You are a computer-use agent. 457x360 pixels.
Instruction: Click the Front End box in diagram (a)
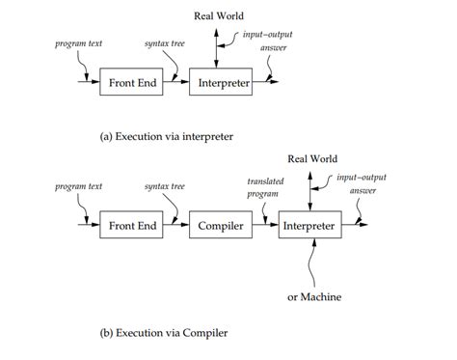click(128, 84)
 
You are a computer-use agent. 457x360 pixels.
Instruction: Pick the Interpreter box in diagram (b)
click(309, 225)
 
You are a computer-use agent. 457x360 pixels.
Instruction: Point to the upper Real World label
click(221, 15)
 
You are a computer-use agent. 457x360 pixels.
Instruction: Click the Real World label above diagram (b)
click(309, 158)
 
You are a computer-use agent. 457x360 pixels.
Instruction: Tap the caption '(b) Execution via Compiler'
click(163, 333)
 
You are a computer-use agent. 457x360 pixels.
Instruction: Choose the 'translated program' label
click(265, 186)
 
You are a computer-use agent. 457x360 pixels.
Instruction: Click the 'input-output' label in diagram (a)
click(268, 35)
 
